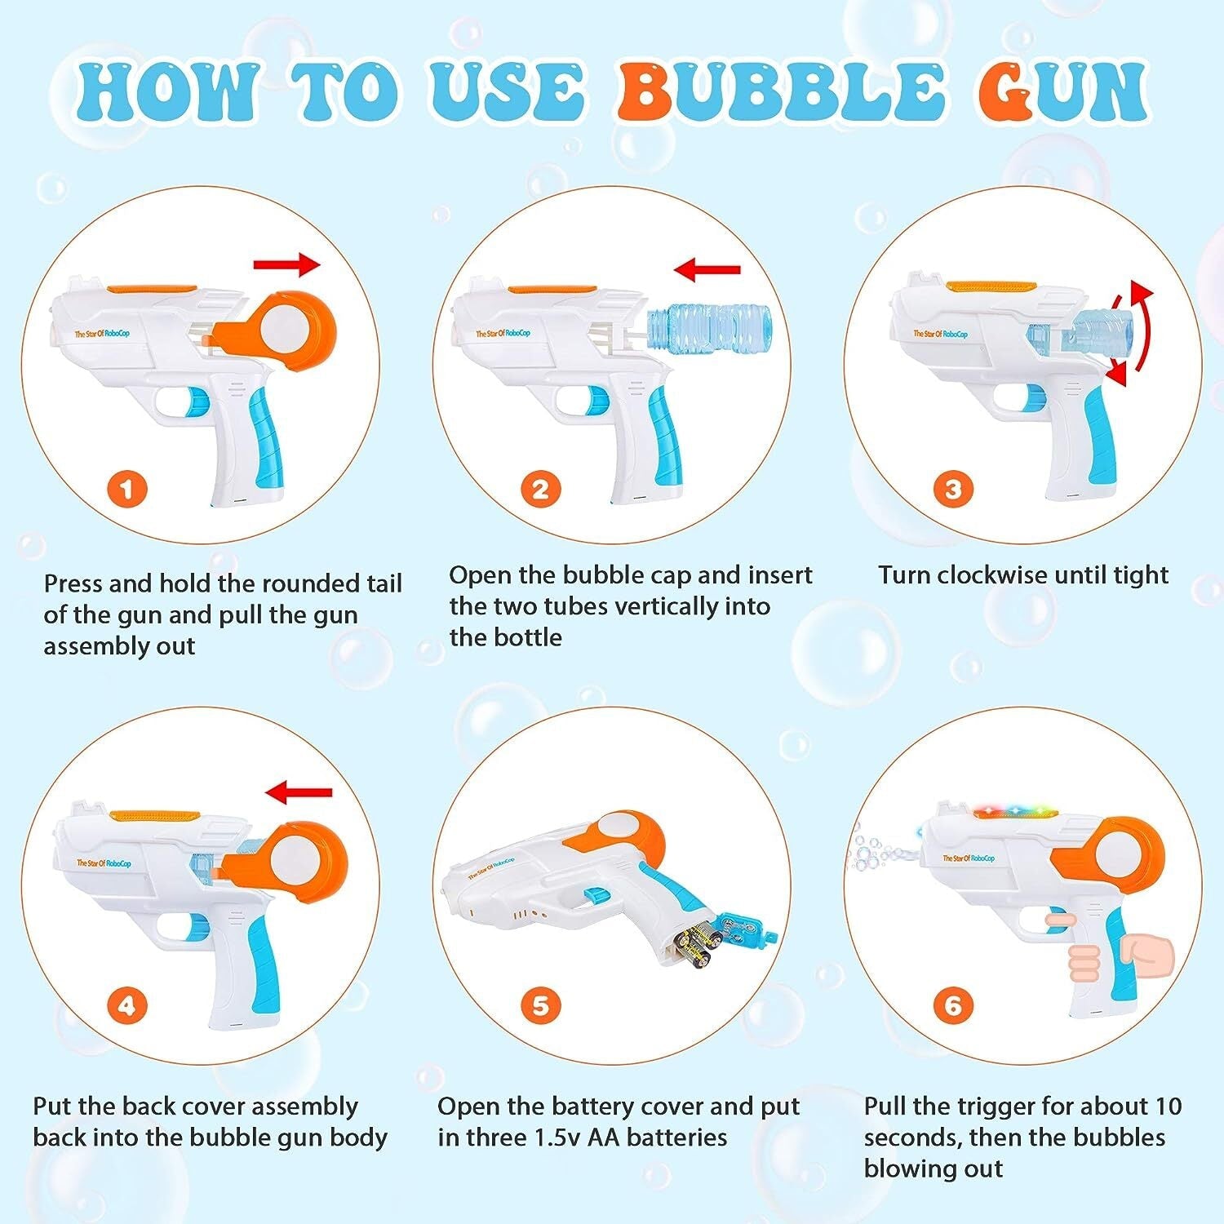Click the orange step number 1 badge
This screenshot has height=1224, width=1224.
tap(126, 490)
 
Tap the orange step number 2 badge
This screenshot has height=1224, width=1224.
tap(540, 490)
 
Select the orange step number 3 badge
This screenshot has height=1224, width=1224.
tap(952, 490)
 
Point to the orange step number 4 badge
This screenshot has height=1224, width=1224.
tap(126, 1005)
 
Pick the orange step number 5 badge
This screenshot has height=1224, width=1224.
tap(540, 1005)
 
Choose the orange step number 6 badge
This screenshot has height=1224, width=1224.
tap(952, 1005)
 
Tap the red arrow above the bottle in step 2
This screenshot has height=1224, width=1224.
tap(707, 269)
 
